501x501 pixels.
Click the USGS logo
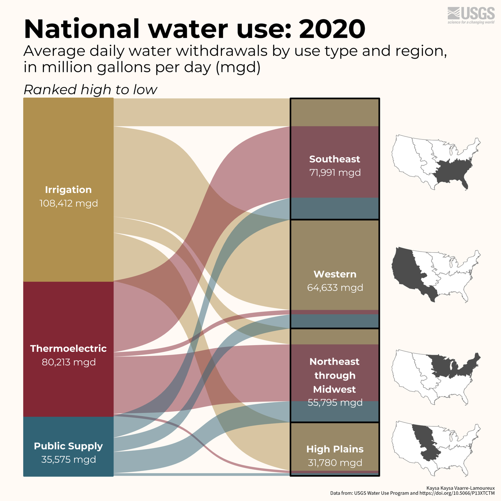pos(471,15)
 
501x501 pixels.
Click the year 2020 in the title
pos(332,29)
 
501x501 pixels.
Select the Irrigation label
pos(68,190)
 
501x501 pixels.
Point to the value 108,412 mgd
pos(69,204)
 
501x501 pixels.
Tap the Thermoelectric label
pos(68,349)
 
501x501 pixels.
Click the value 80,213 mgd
pos(69,362)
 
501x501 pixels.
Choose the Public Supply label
pos(68,446)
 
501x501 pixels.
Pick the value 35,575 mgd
pos(69,460)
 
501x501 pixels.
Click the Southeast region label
pos(334,159)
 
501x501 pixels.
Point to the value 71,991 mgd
pos(335,173)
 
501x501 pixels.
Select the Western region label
pos(335,274)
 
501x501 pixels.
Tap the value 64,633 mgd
pos(335,288)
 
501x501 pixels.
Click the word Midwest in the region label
pos(334,389)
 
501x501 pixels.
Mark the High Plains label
pos(335,449)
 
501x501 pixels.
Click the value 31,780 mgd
pos(335,463)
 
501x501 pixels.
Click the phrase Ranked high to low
pos(90,90)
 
